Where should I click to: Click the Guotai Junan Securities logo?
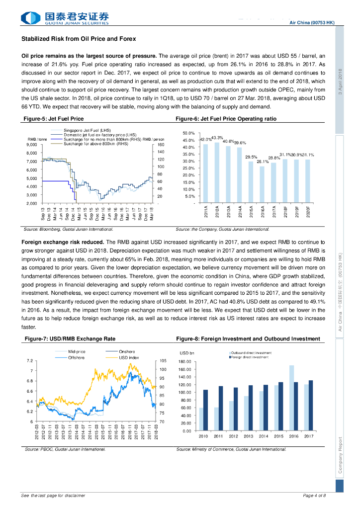point(65,18)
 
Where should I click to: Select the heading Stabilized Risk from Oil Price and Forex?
point(79,39)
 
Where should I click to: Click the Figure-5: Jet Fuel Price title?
point(54,119)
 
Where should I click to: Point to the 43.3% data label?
point(217,137)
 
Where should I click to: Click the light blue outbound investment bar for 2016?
point(291,398)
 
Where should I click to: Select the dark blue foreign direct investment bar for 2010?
point(206,410)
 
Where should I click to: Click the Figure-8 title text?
point(248,339)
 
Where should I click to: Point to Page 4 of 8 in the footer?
point(314,496)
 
